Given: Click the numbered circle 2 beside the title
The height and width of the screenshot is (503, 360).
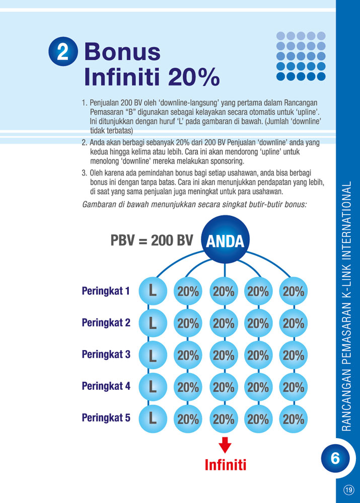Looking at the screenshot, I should (63, 52).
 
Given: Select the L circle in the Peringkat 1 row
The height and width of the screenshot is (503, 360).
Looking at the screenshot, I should (153, 291).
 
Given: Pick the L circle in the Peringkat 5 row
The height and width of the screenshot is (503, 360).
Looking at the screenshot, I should (153, 418).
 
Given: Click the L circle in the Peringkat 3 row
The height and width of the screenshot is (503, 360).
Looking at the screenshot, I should (153, 355).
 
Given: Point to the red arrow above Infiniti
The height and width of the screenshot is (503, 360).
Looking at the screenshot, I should (225, 445).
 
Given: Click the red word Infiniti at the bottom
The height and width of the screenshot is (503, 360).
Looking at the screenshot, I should (225, 465).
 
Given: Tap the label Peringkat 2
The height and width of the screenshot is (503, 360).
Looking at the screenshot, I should (106, 322).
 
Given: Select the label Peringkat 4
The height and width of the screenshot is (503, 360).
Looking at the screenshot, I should (106, 386).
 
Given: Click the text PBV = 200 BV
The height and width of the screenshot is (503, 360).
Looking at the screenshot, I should (152, 240).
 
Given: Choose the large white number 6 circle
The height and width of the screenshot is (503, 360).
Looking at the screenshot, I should (335, 458).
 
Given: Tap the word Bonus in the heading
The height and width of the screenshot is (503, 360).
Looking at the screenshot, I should (122, 52).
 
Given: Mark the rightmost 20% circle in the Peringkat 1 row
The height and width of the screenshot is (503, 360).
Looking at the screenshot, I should (294, 291).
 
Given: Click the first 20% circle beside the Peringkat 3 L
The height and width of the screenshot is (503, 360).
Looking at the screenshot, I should (188, 355).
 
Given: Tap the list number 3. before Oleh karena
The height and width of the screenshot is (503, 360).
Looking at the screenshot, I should (85, 174).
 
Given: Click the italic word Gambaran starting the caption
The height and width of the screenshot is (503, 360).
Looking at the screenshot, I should (99, 204).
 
